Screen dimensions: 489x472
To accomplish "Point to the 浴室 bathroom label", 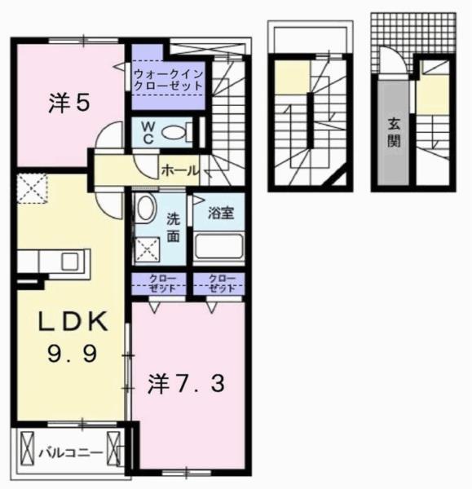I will [220, 214].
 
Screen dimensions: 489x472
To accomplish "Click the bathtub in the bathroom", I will [218, 246].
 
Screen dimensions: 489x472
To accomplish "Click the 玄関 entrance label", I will [393, 133].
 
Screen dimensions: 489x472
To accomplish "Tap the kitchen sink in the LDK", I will [68, 261].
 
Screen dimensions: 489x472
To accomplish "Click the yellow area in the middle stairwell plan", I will [286, 81].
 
